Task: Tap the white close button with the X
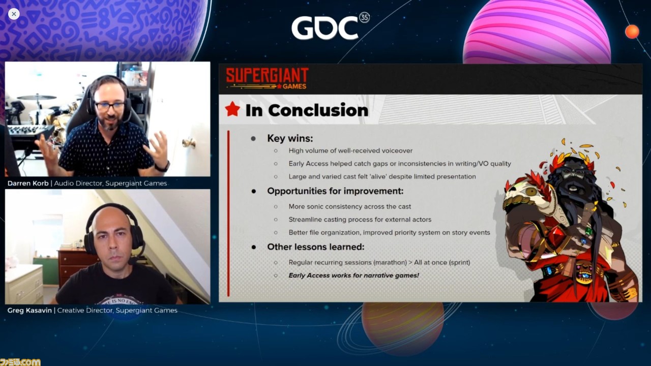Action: [14, 14]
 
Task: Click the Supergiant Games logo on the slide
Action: [267, 78]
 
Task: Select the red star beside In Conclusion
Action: [232, 109]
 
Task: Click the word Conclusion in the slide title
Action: [318, 110]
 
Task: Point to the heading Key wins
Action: [290, 138]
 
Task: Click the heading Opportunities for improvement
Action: [335, 191]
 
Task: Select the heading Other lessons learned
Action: [315, 247]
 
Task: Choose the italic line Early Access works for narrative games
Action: [353, 276]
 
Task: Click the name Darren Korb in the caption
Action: [28, 184]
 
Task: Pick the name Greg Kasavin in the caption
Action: [29, 310]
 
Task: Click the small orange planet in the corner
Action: [632, 32]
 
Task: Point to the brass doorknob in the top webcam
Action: [189, 143]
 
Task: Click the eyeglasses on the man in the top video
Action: [109, 106]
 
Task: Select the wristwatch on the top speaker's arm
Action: [162, 167]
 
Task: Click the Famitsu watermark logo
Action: [20, 362]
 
